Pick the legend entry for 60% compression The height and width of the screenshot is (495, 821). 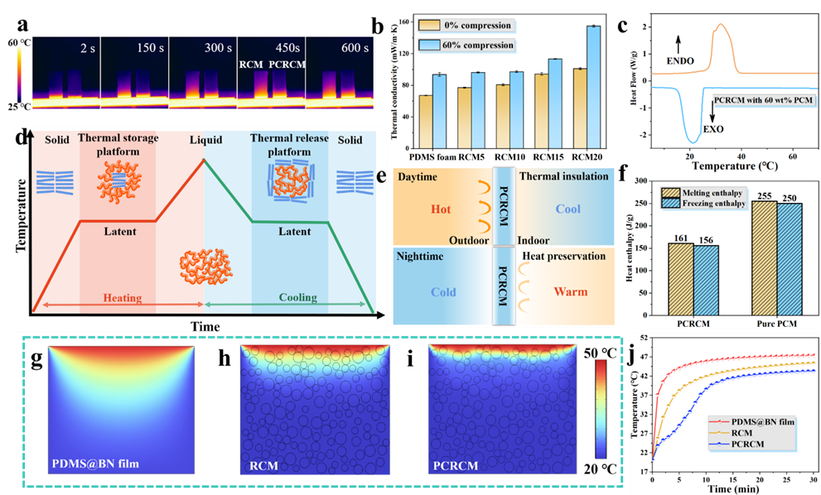(476, 44)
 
